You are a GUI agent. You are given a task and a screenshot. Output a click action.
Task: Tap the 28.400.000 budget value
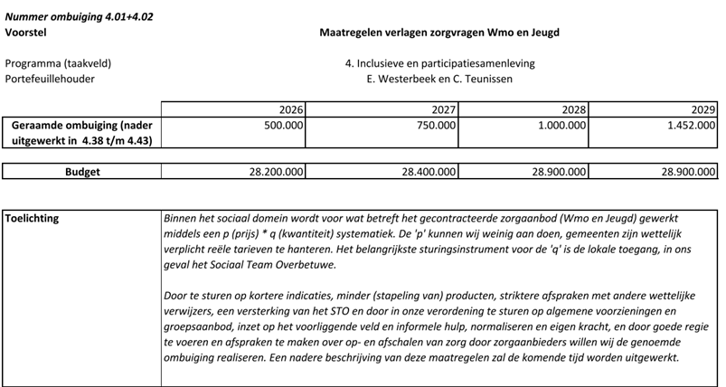coord(425,171)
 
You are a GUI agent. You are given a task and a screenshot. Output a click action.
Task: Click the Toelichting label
coord(35,218)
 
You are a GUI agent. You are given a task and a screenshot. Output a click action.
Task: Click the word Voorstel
coord(25,33)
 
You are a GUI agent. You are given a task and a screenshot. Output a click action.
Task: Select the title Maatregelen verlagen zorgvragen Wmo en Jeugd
coord(439,33)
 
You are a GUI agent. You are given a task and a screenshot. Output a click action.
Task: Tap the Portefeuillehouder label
coord(50,79)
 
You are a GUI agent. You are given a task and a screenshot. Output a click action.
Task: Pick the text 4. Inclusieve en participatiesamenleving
coord(439,63)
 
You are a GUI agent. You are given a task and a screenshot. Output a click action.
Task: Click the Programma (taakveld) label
coord(59,63)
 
